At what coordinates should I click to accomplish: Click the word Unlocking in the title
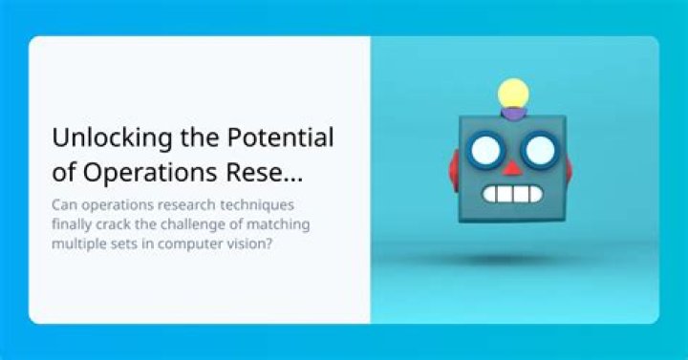[112, 138]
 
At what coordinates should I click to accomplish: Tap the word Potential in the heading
[280, 138]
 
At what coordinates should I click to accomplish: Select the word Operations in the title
[150, 173]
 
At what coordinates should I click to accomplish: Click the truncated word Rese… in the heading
[264, 172]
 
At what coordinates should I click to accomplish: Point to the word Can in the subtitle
[65, 204]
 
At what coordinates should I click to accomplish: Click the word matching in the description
[278, 225]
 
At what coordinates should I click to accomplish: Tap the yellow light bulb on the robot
[513, 94]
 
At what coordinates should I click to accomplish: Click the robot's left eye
[485, 150]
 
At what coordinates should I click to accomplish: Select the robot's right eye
[540, 150]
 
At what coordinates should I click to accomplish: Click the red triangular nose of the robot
[511, 168]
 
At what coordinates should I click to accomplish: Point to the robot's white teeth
[512, 194]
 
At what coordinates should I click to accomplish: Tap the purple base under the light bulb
[514, 113]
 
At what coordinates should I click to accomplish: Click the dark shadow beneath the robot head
[511, 260]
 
